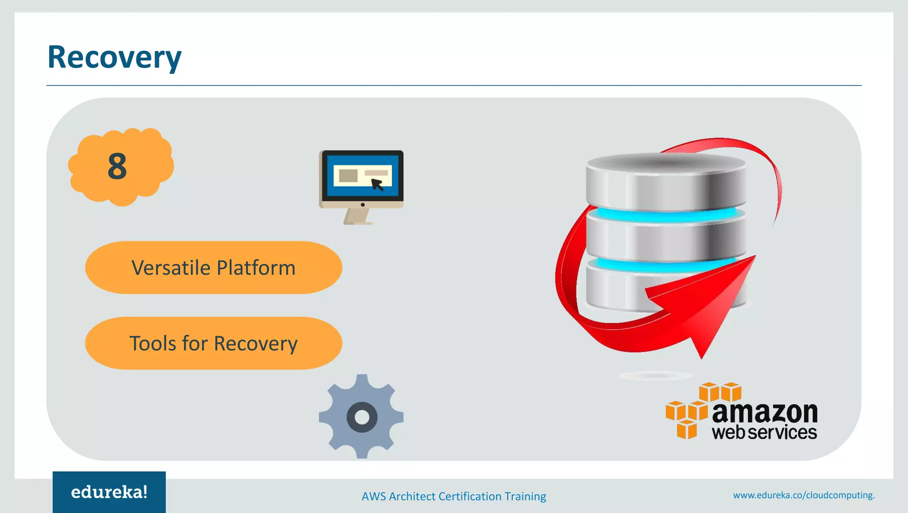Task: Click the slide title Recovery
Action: coord(114,58)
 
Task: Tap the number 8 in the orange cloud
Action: coord(117,167)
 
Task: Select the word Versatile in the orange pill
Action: coord(170,268)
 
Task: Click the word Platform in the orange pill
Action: coord(256,268)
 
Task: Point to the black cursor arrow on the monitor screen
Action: coord(377,184)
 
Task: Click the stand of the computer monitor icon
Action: coord(357,216)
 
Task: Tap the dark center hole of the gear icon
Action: coord(362,417)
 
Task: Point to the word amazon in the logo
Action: coord(764,412)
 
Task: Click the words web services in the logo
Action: coord(764,432)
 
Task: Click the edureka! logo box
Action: coord(109,492)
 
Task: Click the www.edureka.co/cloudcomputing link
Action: coord(804,495)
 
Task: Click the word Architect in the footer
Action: coord(412,496)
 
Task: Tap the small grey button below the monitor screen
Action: coord(363,205)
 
